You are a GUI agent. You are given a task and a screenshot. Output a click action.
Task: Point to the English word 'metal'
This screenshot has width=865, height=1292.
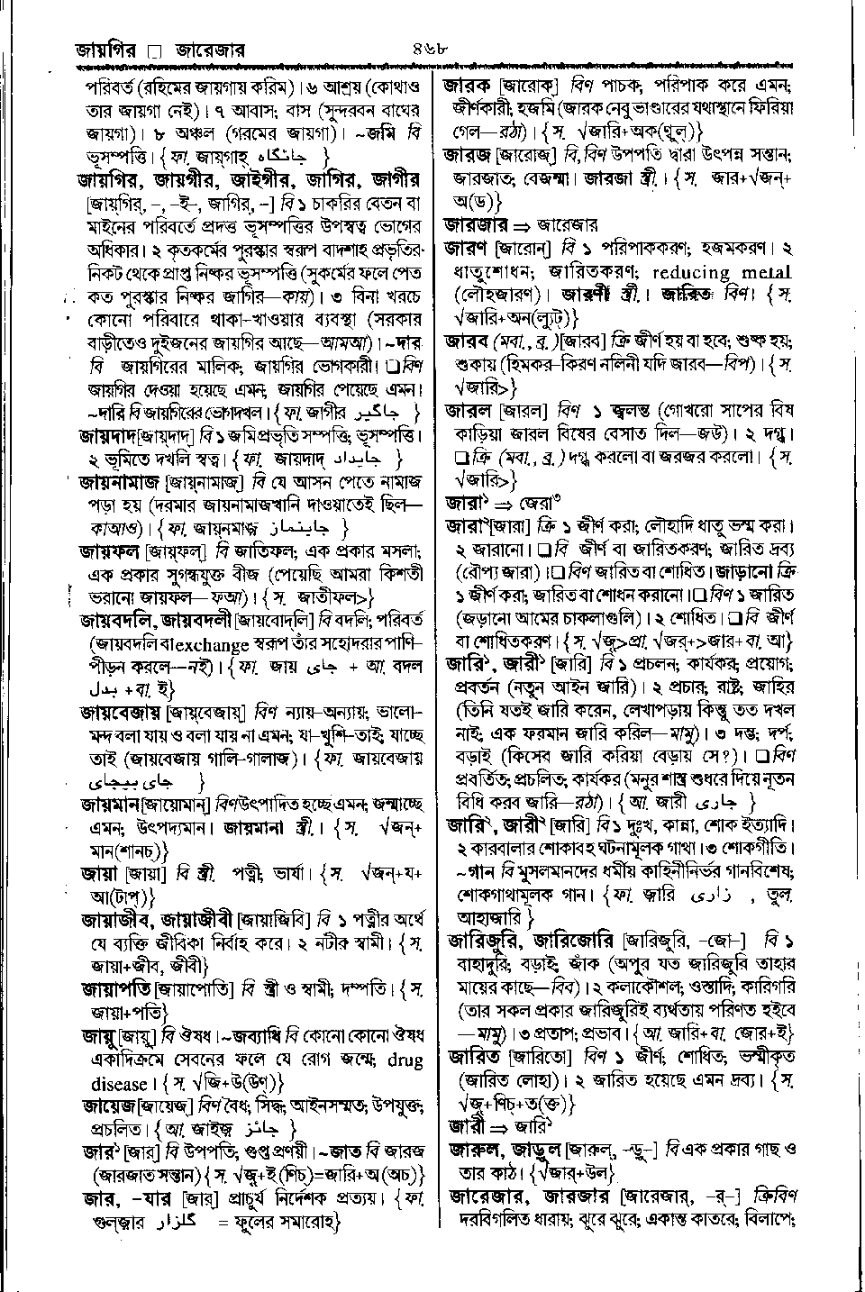(766, 272)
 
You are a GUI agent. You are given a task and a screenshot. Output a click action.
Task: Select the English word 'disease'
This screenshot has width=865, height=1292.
(118, 1083)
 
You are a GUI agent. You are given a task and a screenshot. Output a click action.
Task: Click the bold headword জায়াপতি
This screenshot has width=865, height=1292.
(112, 988)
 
